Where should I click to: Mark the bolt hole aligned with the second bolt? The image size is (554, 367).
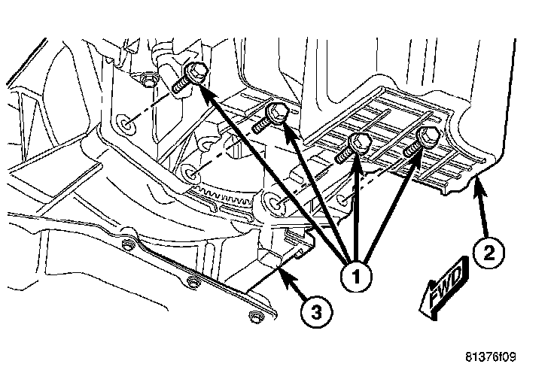tap(191, 175)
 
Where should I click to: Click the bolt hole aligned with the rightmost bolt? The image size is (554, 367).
tap(345, 201)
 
